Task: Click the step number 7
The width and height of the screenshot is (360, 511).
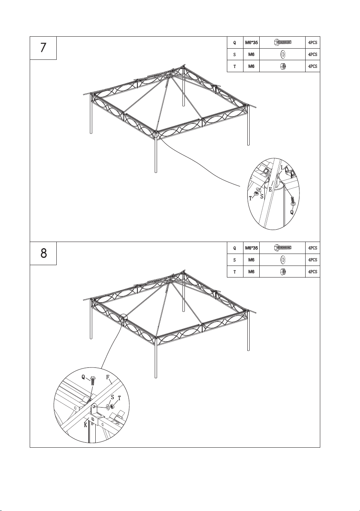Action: [x=43, y=48]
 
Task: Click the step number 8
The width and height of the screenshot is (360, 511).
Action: [x=43, y=253]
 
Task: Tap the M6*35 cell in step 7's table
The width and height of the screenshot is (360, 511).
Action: [x=252, y=42]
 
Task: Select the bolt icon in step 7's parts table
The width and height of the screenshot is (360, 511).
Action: [x=283, y=42]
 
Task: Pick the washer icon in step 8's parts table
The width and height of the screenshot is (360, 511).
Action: [x=282, y=260]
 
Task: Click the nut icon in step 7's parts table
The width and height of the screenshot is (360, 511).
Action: [x=283, y=66]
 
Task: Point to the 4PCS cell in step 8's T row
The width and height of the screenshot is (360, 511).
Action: [x=313, y=272]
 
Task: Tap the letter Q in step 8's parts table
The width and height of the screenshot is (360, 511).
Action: [x=235, y=248]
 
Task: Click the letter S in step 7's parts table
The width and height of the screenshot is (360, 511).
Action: [x=235, y=54]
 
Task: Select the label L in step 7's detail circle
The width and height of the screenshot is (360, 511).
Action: [x=282, y=168]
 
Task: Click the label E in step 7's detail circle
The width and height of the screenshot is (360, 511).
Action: [x=270, y=190]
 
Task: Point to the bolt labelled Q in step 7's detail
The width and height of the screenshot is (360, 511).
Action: [x=293, y=200]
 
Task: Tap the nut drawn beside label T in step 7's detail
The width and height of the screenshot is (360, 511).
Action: [x=256, y=193]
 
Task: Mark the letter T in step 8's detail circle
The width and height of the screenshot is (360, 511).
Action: [x=119, y=398]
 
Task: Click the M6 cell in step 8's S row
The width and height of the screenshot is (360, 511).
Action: [x=251, y=260]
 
